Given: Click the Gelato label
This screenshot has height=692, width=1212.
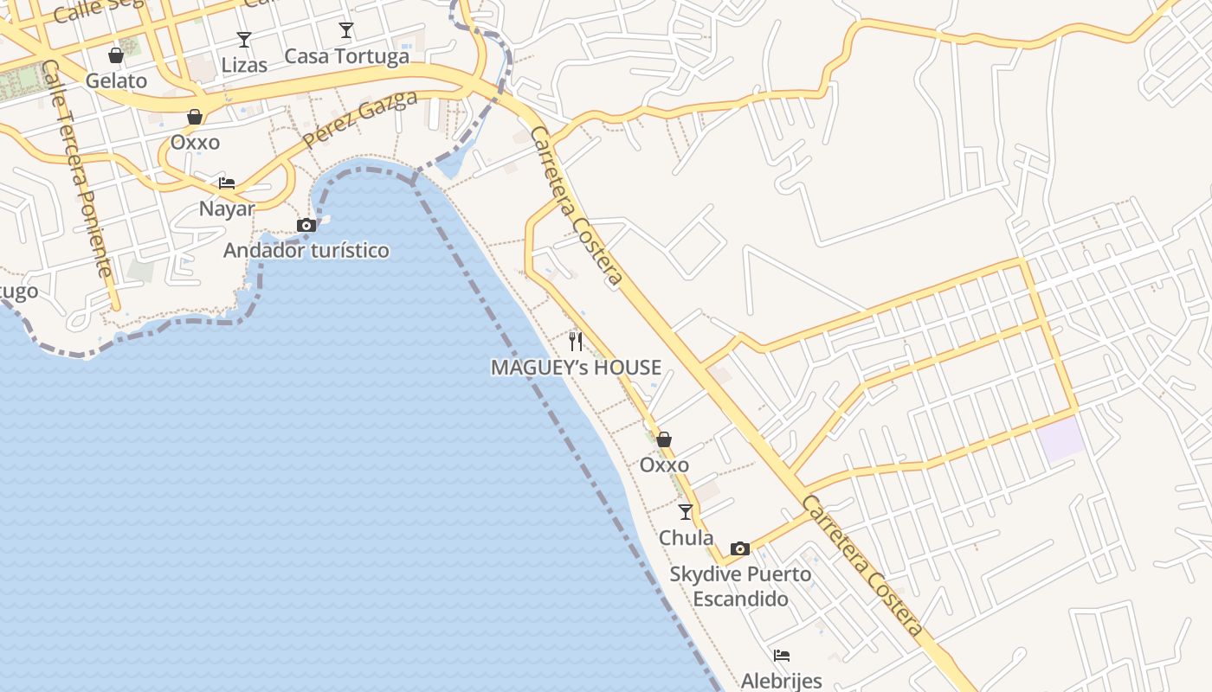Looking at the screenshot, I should [x=116, y=80].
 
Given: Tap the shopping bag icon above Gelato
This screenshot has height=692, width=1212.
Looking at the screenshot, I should [x=116, y=55].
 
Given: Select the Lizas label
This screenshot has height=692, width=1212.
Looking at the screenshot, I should [x=244, y=65].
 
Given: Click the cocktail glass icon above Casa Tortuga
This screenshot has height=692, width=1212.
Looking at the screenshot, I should [x=346, y=31].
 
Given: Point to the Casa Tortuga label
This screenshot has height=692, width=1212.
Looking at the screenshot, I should [x=346, y=56].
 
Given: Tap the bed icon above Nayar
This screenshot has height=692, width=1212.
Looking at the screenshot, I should [x=227, y=183].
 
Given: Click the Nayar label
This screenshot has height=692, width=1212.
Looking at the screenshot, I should [x=227, y=208].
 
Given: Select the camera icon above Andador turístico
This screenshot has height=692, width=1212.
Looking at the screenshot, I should [x=306, y=225].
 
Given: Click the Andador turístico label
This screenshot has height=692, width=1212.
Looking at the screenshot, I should [x=306, y=251].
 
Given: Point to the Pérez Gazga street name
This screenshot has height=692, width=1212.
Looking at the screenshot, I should [x=361, y=118].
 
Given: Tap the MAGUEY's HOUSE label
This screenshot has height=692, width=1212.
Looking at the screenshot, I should [x=576, y=368].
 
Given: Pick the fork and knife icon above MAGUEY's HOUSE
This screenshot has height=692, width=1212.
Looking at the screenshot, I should [x=576, y=342].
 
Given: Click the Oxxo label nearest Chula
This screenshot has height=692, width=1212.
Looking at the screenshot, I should [x=664, y=465].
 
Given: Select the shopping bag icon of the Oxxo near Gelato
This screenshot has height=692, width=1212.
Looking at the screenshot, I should [x=195, y=117].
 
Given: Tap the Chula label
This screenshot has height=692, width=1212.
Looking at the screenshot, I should [x=686, y=538].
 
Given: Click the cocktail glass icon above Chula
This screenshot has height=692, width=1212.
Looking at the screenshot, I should [x=686, y=512].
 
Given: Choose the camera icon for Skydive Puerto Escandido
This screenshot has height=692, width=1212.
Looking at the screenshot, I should [x=739, y=548].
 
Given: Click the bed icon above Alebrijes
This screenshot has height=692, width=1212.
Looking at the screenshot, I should [x=782, y=655].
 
